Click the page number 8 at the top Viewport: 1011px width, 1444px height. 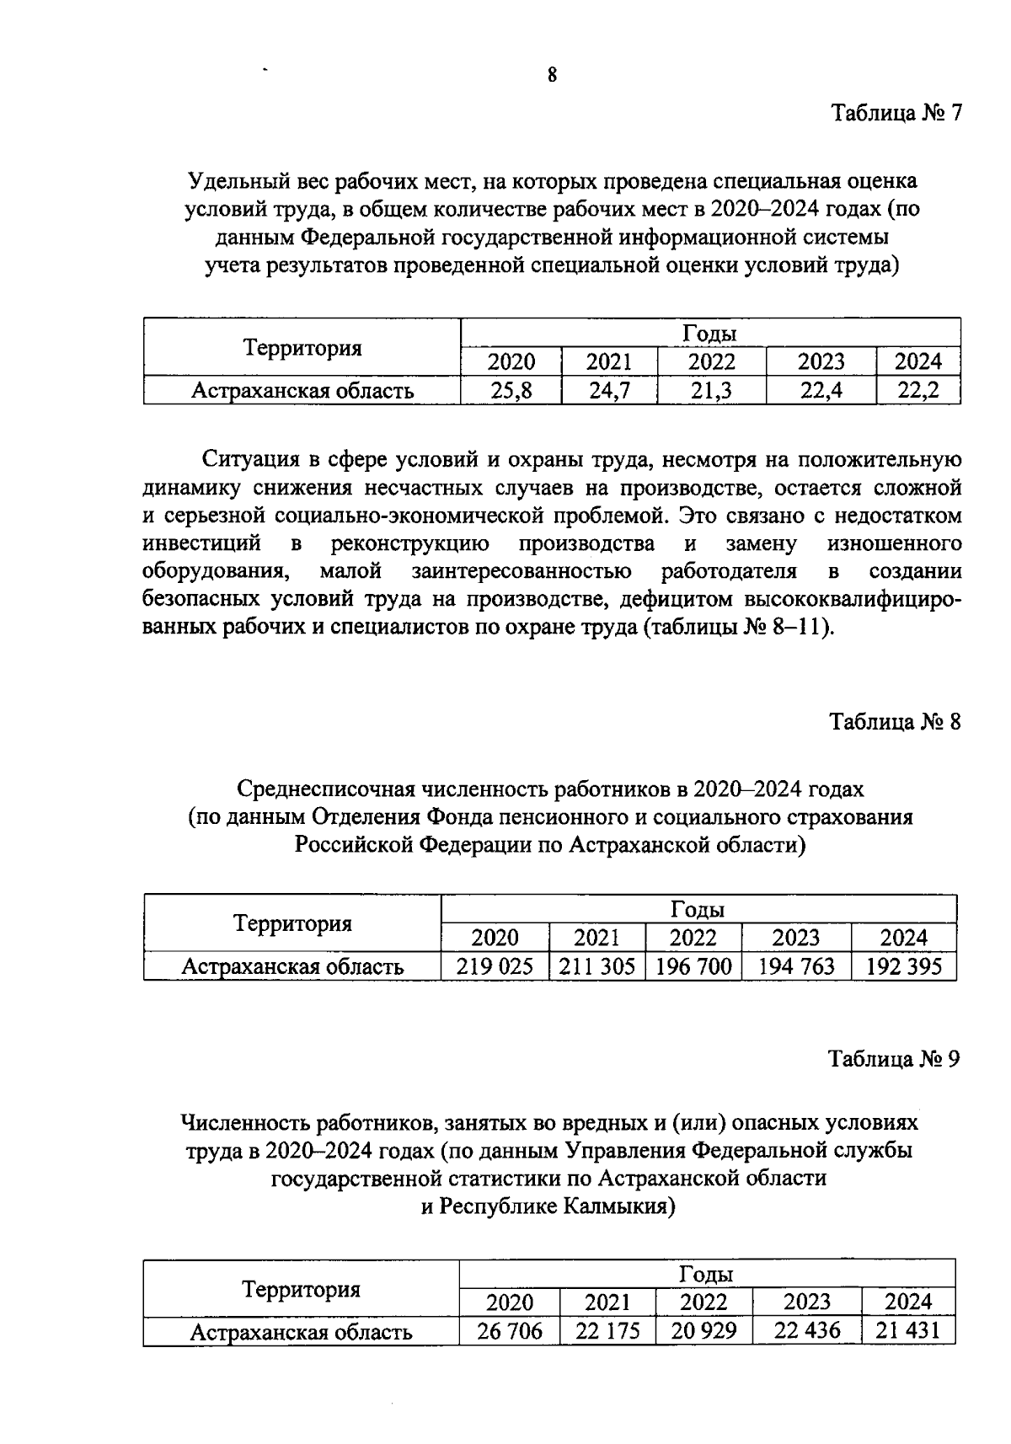pyautogui.click(x=552, y=75)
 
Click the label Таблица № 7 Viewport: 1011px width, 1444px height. pyautogui.click(x=896, y=113)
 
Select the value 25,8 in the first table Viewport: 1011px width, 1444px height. pyautogui.click(x=511, y=389)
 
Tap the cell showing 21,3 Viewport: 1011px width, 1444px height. pyautogui.click(x=712, y=389)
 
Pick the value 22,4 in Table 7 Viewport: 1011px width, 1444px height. pyautogui.click(x=821, y=389)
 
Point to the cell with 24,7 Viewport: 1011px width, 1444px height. pyautogui.click(x=610, y=389)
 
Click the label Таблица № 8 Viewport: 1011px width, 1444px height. pyautogui.click(x=895, y=722)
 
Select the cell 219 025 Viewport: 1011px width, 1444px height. pyautogui.click(x=495, y=965)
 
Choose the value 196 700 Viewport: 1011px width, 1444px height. pyautogui.click(x=693, y=965)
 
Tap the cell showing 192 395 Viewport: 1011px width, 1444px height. pyautogui.click(x=904, y=965)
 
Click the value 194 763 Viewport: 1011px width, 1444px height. pyautogui.click(x=796, y=965)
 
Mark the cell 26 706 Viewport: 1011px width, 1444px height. pyautogui.click(x=510, y=1331)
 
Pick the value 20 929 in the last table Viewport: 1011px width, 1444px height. pyautogui.click(x=703, y=1331)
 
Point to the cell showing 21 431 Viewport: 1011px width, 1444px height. pyautogui.click(x=908, y=1331)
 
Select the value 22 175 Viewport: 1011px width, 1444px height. pyautogui.click(x=607, y=1331)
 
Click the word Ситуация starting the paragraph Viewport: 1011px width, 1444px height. pyautogui.click(x=246, y=460)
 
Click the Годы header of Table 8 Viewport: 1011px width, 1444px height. pyautogui.click(x=698, y=910)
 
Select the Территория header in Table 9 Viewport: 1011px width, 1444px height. pyautogui.click(x=301, y=1289)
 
